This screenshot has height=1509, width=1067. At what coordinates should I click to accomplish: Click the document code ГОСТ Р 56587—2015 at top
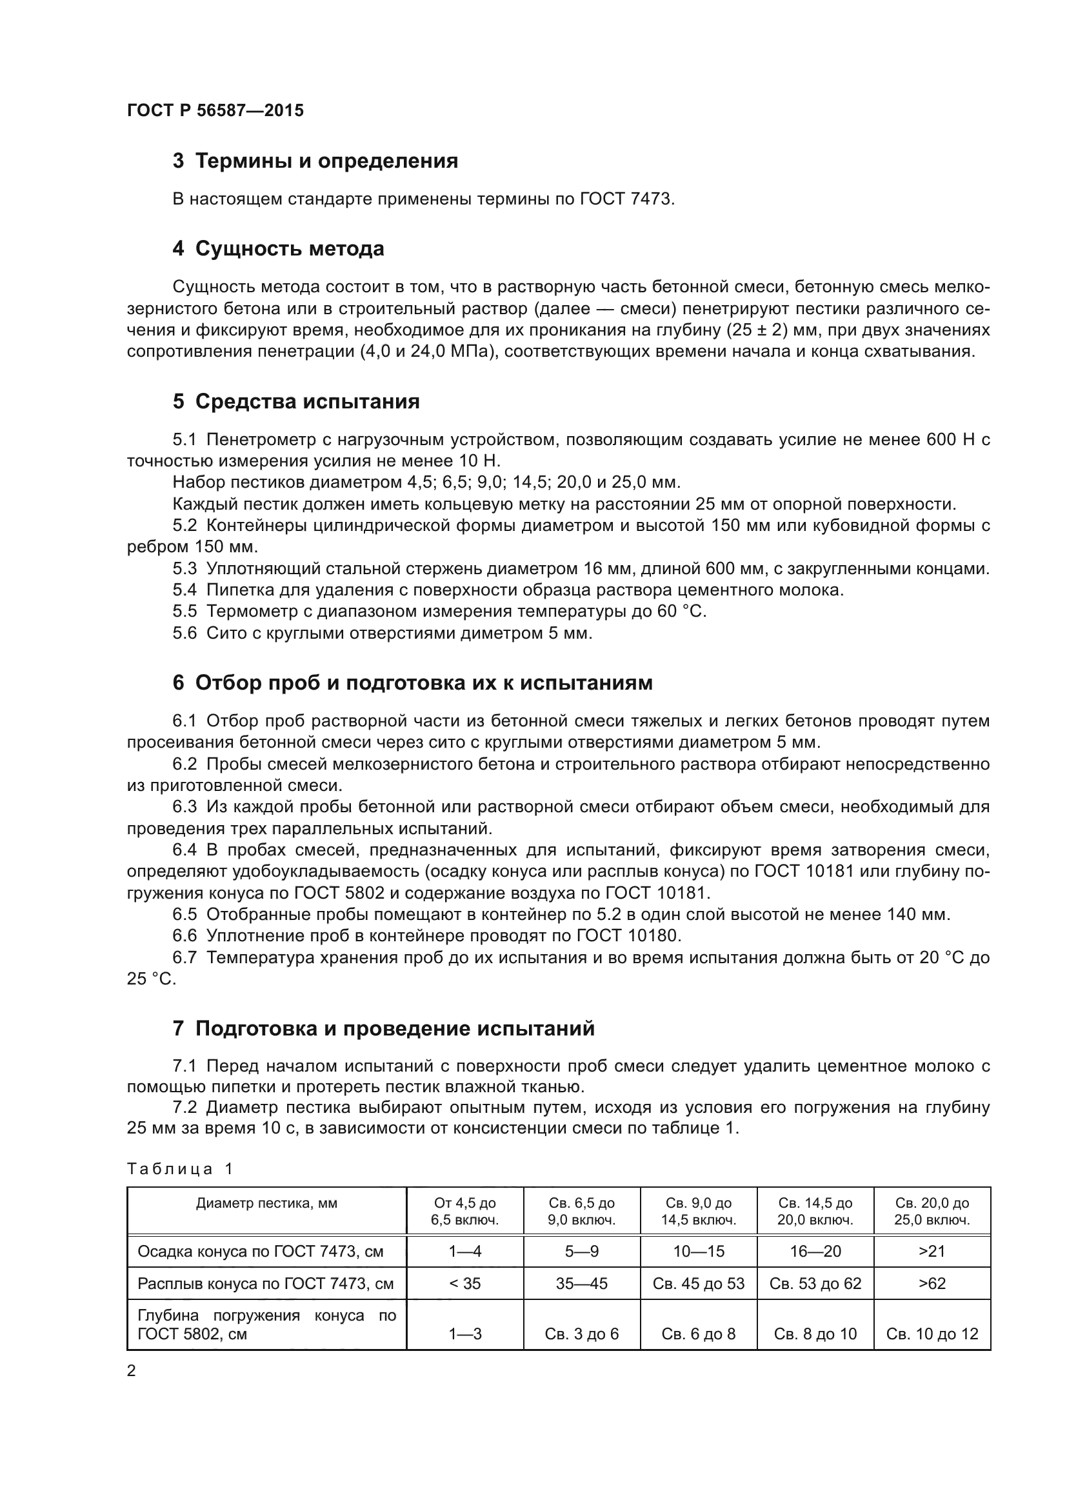(x=215, y=110)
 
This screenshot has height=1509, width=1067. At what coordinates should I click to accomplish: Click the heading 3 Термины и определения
(x=315, y=161)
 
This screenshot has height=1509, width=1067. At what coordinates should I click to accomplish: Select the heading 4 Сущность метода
(x=279, y=248)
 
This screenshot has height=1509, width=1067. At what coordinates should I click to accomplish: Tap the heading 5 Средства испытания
(x=295, y=401)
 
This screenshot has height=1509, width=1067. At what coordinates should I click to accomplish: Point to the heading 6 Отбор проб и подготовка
(x=413, y=683)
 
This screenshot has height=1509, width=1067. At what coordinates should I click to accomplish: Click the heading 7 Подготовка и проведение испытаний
(x=384, y=1028)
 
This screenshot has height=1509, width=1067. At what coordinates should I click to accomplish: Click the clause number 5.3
(x=184, y=568)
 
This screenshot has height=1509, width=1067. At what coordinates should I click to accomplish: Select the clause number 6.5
(x=184, y=914)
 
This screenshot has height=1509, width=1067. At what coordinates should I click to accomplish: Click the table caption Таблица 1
(x=180, y=1168)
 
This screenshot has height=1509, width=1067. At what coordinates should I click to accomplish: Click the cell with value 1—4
(x=464, y=1252)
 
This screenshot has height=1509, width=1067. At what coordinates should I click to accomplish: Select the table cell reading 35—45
(x=581, y=1284)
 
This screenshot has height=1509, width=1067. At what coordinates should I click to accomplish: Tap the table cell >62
(x=932, y=1284)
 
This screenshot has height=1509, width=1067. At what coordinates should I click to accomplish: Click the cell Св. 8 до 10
(x=815, y=1334)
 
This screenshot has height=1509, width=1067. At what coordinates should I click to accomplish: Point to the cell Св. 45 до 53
(x=699, y=1284)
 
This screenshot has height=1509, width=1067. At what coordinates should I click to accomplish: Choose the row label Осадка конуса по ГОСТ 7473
(x=260, y=1252)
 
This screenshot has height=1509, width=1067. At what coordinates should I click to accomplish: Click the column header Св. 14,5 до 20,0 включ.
(x=815, y=1212)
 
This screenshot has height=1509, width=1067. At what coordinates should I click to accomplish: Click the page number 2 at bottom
(x=132, y=1371)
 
